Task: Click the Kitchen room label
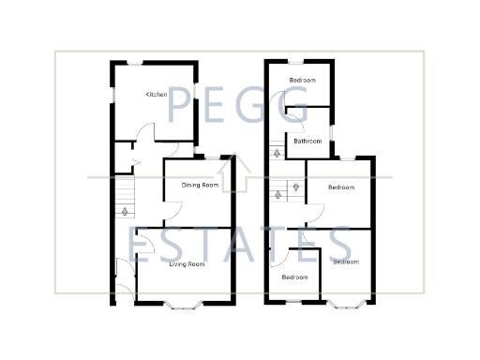pyautogui.click(x=156, y=96)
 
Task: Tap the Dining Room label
pyautogui.click(x=200, y=186)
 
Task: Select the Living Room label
pyautogui.click(x=187, y=264)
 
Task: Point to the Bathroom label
pyautogui.click(x=307, y=142)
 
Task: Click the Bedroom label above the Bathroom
pyautogui.click(x=302, y=81)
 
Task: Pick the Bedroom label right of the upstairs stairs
pyautogui.click(x=340, y=187)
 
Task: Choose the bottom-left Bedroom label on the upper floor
pyautogui.click(x=295, y=277)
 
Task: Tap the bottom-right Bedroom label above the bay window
pyautogui.click(x=346, y=262)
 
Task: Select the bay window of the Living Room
pyautogui.click(x=181, y=303)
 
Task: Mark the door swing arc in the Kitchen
pyautogui.click(x=138, y=134)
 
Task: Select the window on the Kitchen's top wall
pyautogui.click(x=136, y=62)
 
